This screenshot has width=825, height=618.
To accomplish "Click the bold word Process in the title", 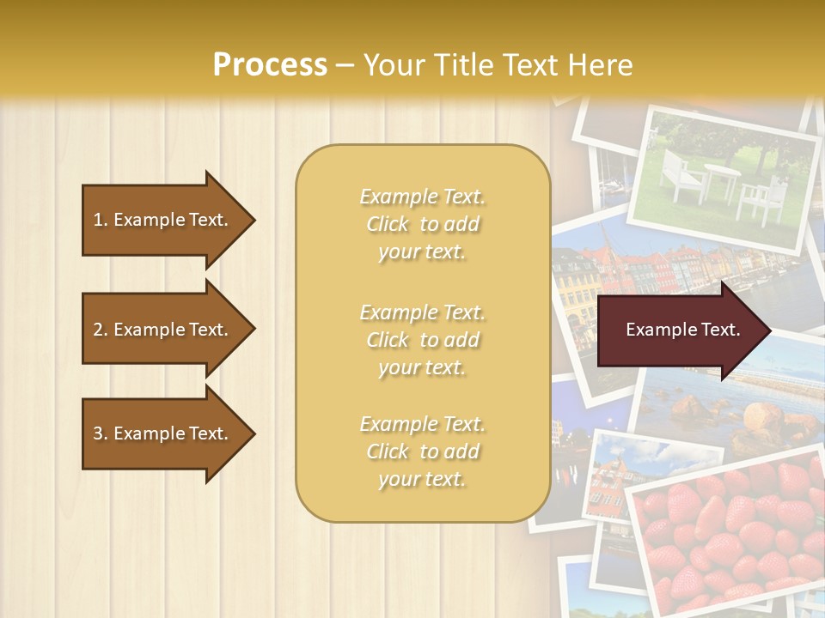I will pos(270,65).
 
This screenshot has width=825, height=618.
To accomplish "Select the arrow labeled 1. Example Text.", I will pos(163,220).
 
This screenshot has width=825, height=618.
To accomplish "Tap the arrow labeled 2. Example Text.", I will pos(163,330).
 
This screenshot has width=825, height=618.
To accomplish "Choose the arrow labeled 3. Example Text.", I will pos(163,433).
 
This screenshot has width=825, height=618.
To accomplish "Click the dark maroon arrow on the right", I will pos(679,330).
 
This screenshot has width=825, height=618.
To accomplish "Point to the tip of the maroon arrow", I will pos(769,330).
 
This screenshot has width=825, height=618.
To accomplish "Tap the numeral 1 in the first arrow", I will pos(97,220).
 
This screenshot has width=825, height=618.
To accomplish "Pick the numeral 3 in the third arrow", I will pos(98,433).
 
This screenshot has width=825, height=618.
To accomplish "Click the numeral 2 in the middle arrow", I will pos(98,330).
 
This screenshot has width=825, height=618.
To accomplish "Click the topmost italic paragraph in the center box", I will pos(422,224).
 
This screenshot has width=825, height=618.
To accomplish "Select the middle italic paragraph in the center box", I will pos(422,340).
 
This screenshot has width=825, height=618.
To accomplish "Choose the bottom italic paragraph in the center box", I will pos(422,451).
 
